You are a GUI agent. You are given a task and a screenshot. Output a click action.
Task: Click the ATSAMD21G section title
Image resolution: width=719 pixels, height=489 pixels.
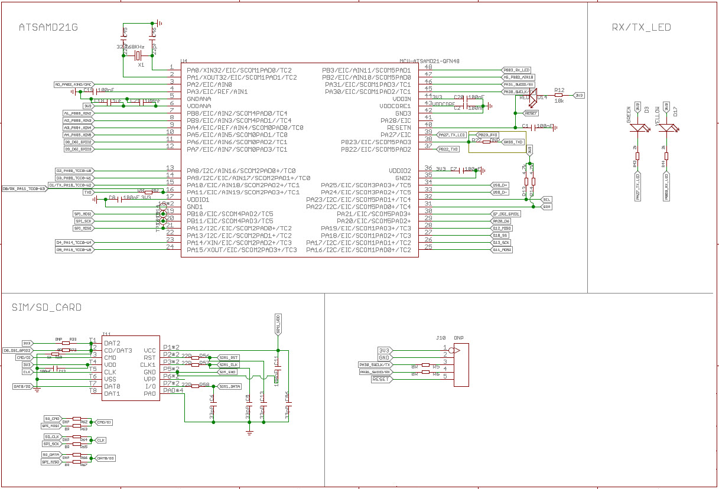pos(48,27)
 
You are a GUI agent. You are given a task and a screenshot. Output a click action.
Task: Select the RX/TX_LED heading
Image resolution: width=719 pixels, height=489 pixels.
pos(641,27)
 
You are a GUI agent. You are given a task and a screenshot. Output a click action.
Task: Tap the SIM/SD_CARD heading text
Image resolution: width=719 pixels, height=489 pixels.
pos(47,307)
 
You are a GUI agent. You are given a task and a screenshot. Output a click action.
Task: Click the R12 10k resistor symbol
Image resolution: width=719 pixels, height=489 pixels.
pos(558,94)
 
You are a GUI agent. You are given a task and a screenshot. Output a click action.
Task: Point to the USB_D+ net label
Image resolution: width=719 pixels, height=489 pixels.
pos(500,185)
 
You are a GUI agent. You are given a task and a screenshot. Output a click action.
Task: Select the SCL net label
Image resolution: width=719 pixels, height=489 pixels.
pos(547,200)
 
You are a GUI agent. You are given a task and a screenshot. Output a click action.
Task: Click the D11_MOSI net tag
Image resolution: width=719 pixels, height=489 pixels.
pos(502,250)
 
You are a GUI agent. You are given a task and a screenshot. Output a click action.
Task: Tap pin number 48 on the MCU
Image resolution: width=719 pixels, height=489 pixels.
pos(428,67)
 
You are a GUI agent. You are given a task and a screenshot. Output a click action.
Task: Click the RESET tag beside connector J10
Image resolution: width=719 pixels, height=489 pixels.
pos(380,379)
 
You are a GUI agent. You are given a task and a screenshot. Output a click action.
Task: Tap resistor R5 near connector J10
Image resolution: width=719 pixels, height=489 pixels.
pos(425,365)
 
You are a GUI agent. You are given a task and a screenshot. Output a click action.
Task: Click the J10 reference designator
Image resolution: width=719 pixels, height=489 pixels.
pos(440,338)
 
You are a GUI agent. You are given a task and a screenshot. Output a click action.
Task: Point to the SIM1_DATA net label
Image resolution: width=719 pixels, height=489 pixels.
pos(229,386)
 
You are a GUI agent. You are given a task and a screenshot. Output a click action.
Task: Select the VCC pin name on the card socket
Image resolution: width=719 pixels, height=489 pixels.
pos(149,350)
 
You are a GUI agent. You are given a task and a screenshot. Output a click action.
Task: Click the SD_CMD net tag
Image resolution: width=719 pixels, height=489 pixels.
pos(52,418)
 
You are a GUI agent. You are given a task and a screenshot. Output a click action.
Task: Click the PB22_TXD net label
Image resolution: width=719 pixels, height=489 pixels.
pos(448,149)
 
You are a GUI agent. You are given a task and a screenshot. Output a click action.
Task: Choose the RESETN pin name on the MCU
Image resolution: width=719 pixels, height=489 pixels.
pos(398,128)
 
